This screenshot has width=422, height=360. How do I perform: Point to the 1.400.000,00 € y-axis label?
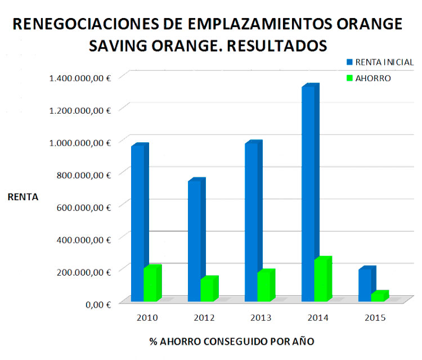pyautogui.click(x=80, y=78)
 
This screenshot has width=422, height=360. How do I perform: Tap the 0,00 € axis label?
pyautogui.click(x=97, y=304)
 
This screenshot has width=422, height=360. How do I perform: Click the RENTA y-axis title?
pyautogui.click(x=23, y=197)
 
